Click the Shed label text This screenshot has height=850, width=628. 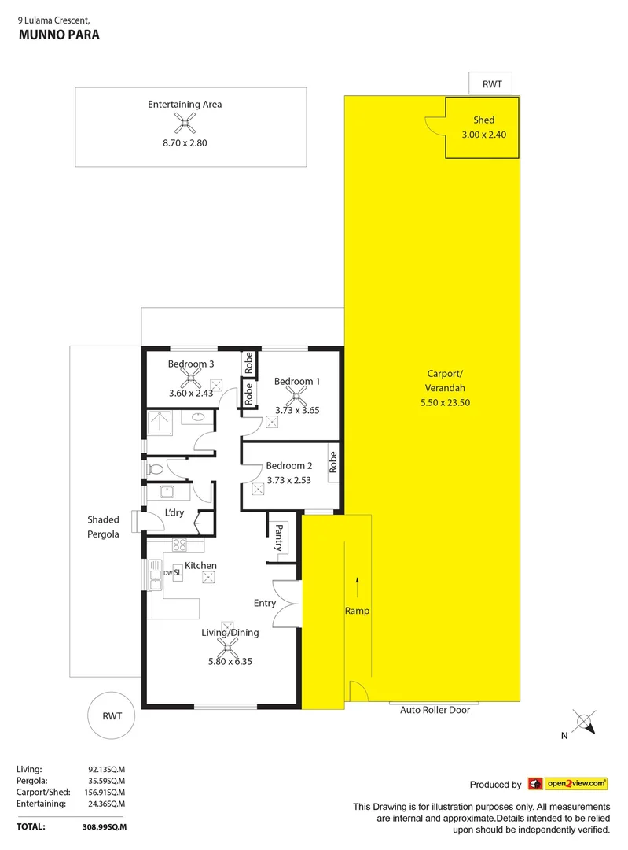(483, 120)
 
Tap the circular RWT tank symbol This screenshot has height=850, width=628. (112, 715)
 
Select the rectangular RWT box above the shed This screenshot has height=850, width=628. (490, 83)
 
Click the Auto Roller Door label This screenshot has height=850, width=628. (434, 709)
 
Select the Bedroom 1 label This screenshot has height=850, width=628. (297, 381)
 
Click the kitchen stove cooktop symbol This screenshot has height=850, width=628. (179, 544)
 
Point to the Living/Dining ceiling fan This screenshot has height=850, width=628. (228, 647)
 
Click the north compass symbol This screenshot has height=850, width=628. (582, 720)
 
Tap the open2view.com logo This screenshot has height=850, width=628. (568, 783)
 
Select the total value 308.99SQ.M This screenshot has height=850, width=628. (105, 826)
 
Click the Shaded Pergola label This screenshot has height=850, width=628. (103, 527)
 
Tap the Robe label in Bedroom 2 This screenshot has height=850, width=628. (333, 460)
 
